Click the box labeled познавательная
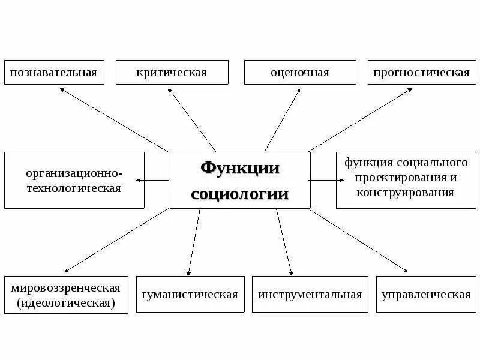(x=53, y=73)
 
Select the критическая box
(x=172, y=73)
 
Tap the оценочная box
(x=300, y=73)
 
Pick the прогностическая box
(x=421, y=73)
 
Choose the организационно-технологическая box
(x=74, y=181)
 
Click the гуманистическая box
(x=190, y=295)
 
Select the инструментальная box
(x=310, y=295)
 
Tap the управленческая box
(x=426, y=295)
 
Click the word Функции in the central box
(x=240, y=168)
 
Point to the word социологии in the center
(x=240, y=194)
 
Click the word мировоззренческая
(x=66, y=287)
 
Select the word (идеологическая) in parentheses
(x=66, y=302)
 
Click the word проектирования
(x=406, y=178)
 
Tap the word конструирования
(x=406, y=193)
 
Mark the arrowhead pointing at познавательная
(x=62, y=90)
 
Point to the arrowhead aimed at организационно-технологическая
(x=139, y=180)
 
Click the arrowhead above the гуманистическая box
(x=188, y=273)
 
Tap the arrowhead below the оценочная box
(x=298, y=90)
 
